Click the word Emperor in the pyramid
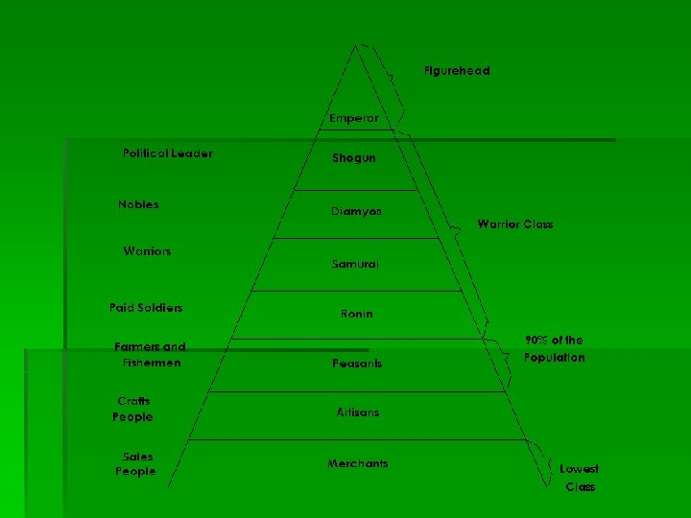tap(353, 118)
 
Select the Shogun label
tap(354, 158)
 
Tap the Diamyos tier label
tap(356, 211)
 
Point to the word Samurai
tap(355, 264)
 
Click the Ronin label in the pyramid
tap(356, 314)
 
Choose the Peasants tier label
tap(356, 364)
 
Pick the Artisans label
tap(357, 412)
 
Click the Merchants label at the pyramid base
tap(357, 464)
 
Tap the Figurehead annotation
tap(456, 71)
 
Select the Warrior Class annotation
tap(514, 224)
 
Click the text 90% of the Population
tap(554, 349)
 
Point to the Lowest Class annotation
tap(580, 478)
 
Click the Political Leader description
tap(168, 153)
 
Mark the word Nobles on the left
tap(138, 204)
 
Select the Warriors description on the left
tap(147, 251)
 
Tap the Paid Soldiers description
tap(146, 308)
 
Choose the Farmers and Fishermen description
tap(150, 355)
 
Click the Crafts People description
tap(132, 410)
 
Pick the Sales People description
tap(135, 464)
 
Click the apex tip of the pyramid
tap(358, 45)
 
